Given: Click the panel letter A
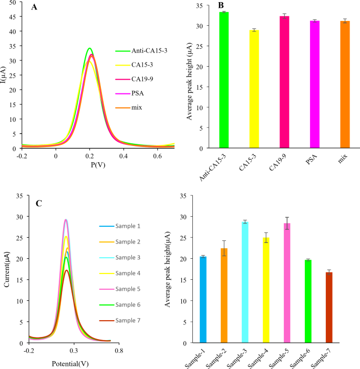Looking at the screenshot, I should click(35, 8).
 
